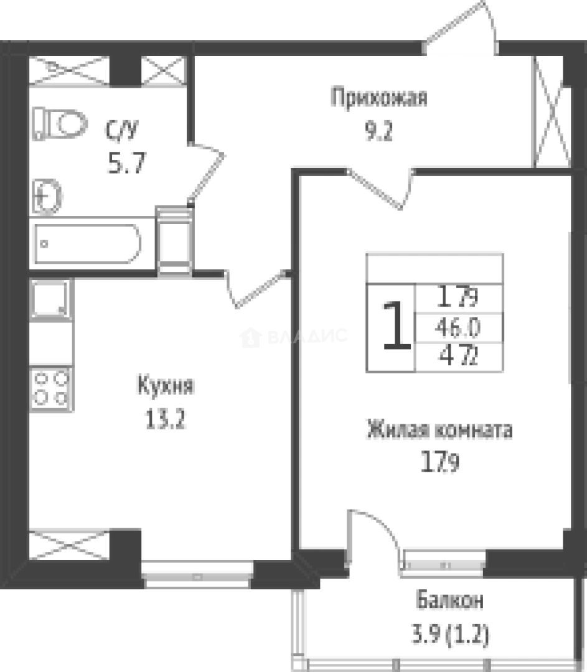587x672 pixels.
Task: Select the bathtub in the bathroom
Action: pos(87,243)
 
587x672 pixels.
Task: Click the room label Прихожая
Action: pos(379,98)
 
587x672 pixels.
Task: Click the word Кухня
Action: pos(165,386)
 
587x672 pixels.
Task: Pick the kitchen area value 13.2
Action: pos(165,421)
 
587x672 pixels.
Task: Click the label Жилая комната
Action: pos(439,429)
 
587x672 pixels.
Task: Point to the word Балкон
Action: pos(450,601)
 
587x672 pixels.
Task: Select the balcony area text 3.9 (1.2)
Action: pos(450,636)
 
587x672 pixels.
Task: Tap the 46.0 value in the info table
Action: pos(459,326)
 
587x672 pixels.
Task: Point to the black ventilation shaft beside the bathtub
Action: pos(174,240)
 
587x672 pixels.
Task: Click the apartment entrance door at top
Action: pos(459,28)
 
